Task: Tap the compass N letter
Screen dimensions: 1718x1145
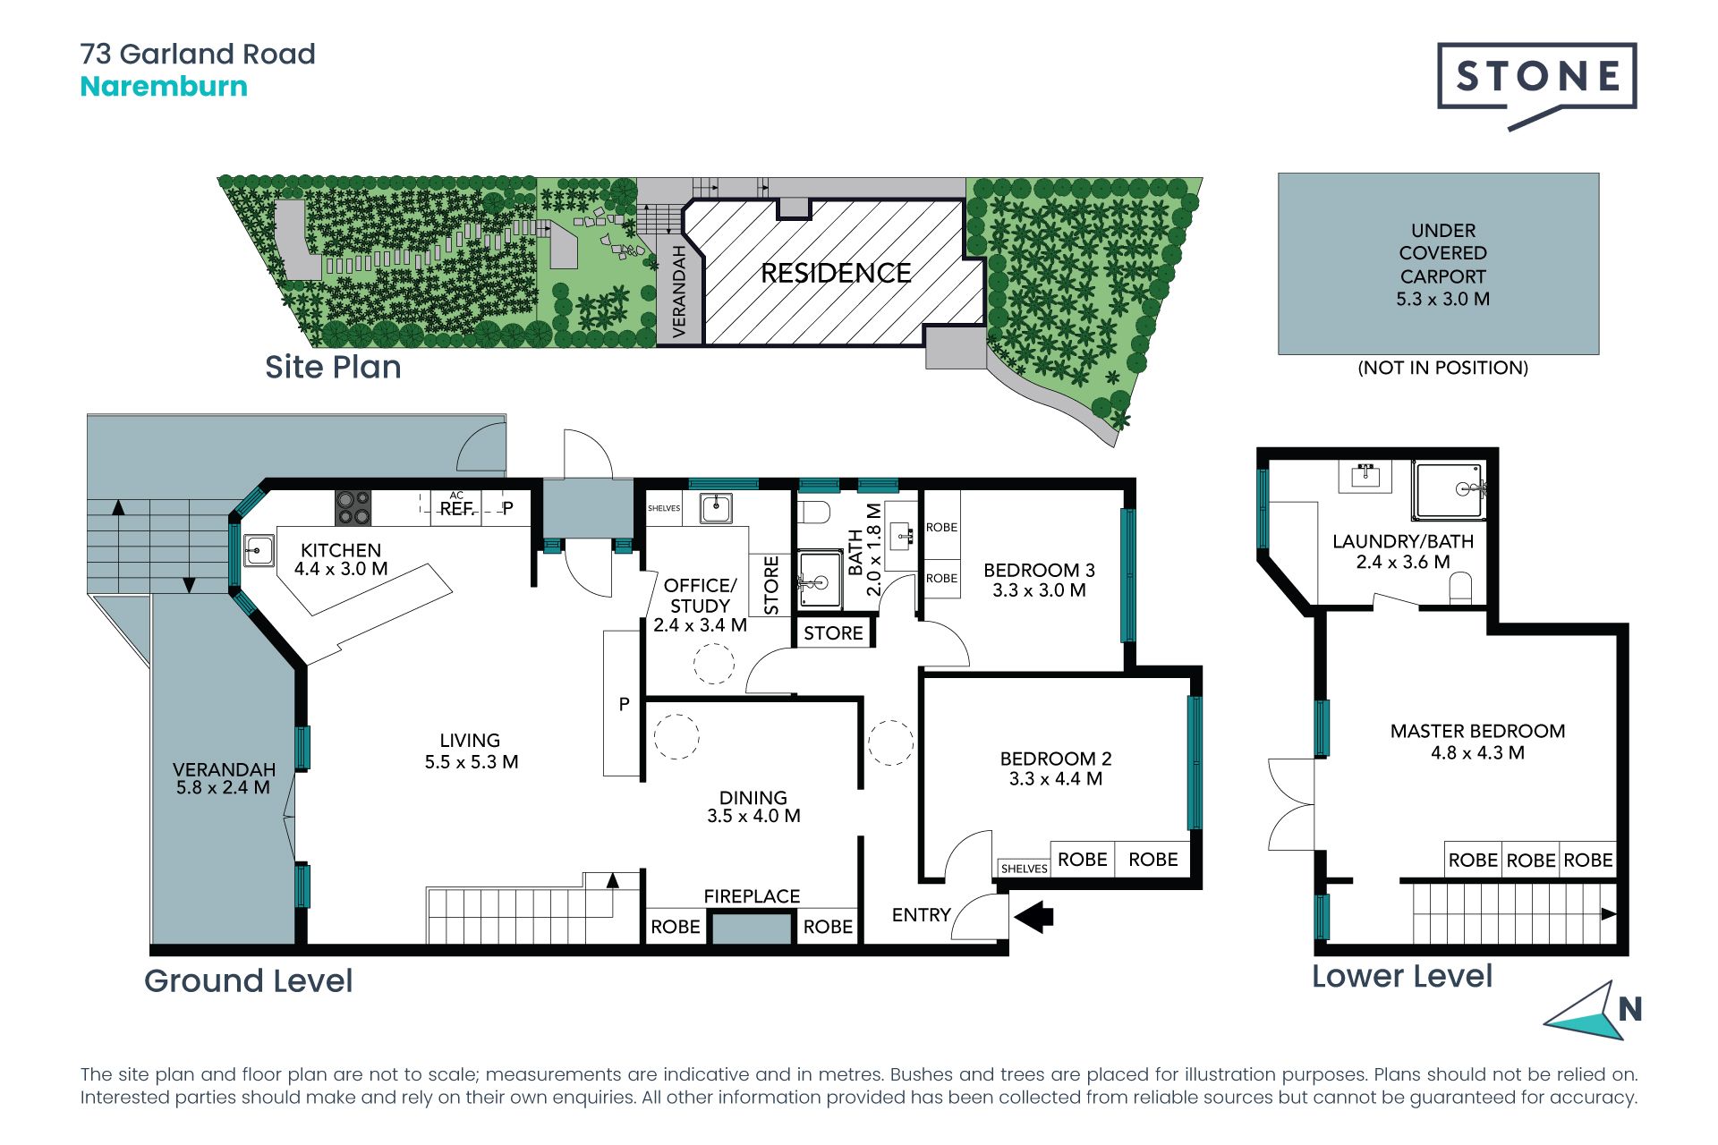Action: (x=1629, y=1009)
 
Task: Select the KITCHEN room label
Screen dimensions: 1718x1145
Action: (x=341, y=550)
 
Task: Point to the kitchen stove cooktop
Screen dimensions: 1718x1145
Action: (x=353, y=508)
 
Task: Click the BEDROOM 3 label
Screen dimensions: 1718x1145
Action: (x=1039, y=571)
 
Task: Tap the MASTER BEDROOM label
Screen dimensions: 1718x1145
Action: (x=1477, y=731)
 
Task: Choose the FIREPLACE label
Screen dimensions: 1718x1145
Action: (x=752, y=896)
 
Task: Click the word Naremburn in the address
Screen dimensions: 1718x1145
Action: (x=164, y=87)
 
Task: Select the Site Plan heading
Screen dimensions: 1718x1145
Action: (x=333, y=368)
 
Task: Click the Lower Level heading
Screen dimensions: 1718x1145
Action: (x=1402, y=976)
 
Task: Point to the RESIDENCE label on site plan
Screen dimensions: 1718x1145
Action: (x=836, y=273)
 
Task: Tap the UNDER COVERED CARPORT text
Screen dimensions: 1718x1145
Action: (x=1443, y=253)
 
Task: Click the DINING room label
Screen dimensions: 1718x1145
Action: (x=753, y=797)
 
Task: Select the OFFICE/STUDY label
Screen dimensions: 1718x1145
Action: (x=700, y=595)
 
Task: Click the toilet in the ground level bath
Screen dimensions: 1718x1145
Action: (x=813, y=511)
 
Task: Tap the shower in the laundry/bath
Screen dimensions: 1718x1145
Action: (x=1450, y=490)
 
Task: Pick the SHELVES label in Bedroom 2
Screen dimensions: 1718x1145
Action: (x=1025, y=869)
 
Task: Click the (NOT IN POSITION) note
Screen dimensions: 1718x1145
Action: (x=1442, y=368)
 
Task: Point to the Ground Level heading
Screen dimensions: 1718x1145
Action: (x=249, y=981)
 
